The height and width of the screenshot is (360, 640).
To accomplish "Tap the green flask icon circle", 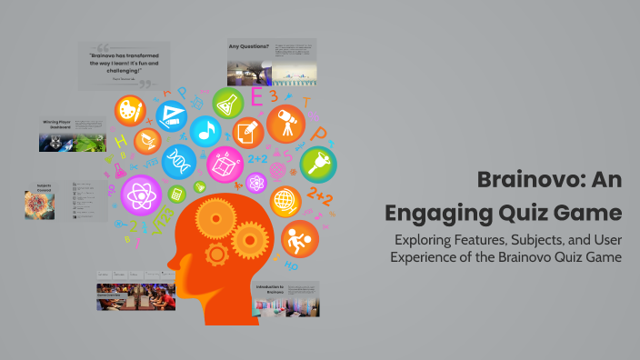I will click(x=228, y=103).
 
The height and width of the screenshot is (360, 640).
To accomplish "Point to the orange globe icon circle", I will click(x=285, y=200).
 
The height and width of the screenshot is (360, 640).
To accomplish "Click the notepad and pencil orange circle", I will click(x=247, y=134).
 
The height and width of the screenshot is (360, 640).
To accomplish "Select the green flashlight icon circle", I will click(x=318, y=165).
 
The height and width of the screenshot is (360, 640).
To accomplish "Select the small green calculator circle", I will click(x=175, y=193).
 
